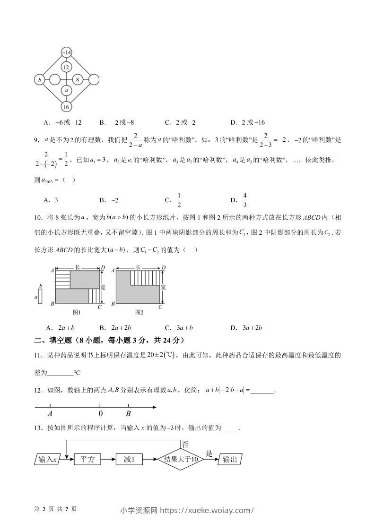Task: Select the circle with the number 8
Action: (x=78, y=80)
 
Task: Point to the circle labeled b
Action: (x=40, y=80)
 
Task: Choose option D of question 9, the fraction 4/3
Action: (x=245, y=200)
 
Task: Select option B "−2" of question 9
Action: (x=114, y=200)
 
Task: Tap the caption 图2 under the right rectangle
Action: (x=139, y=312)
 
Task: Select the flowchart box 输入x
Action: (x=48, y=459)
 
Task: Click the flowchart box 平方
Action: (x=88, y=459)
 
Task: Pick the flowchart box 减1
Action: (x=129, y=459)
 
